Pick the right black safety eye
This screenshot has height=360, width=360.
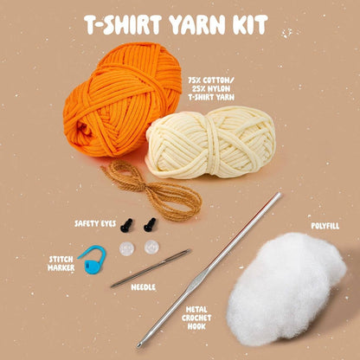[150, 224]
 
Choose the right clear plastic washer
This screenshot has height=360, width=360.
[152, 247]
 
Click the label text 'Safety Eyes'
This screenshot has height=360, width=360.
[95, 223]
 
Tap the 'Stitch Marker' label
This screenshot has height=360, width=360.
[61, 262]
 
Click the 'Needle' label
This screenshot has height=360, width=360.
[144, 285]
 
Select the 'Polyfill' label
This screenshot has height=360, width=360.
[324, 226]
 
